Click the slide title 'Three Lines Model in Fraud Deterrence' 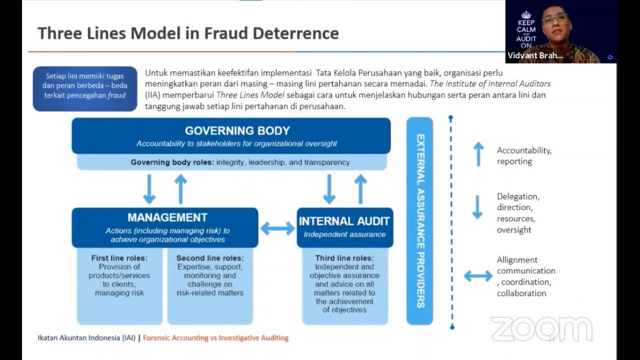pyautogui.click(x=188, y=33)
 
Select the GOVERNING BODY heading pyautogui.click(x=237, y=130)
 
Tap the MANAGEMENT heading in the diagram pyautogui.click(x=167, y=217)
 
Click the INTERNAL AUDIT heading pyautogui.click(x=344, y=221)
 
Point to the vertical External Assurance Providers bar pyautogui.click(x=419, y=220)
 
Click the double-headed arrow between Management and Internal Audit pyautogui.click(x=277, y=228)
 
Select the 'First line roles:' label pyautogui.click(x=119, y=258)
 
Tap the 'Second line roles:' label pyautogui.click(x=210, y=258)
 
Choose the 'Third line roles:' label pyautogui.click(x=344, y=258)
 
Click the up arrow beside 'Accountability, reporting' pyautogui.click(x=478, y=154)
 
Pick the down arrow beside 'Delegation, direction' pyautogui.click(x=477, y=207)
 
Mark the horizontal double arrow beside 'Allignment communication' pyautogui.click(x=478, y=276)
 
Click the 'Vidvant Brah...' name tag pyautogui.click(x=535, y=55)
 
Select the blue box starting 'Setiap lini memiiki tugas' pyautogui.click(x=85, y=88)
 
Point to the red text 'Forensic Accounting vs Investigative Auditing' pyautogui.click(x=215, y=337)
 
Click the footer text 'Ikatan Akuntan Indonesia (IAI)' pyautogui.click(x=86, y=337)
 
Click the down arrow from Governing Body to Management pyautogui.click(x=149, y=188)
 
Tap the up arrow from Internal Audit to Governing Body pyautogui.click(x=360, y=188)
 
